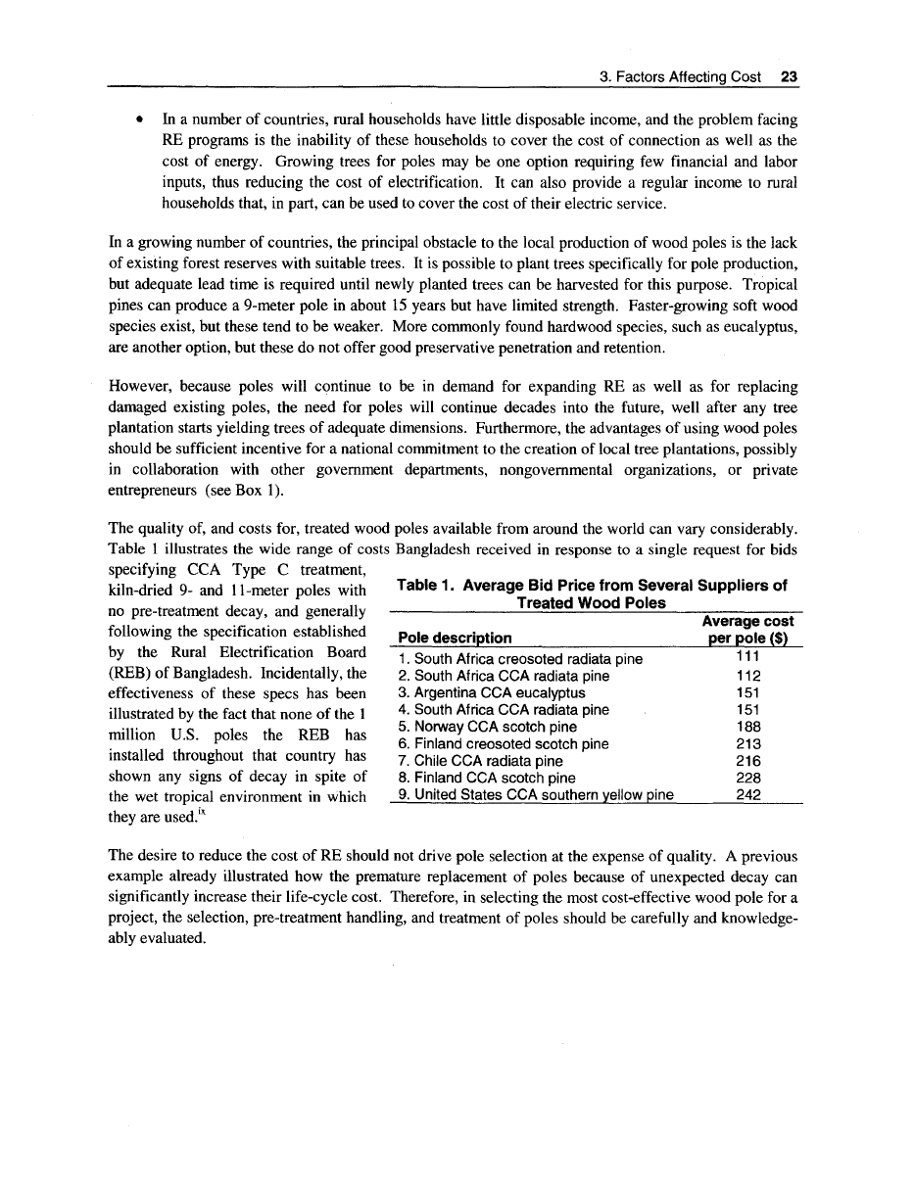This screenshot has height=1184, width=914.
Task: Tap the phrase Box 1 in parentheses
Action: pos(251,490)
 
